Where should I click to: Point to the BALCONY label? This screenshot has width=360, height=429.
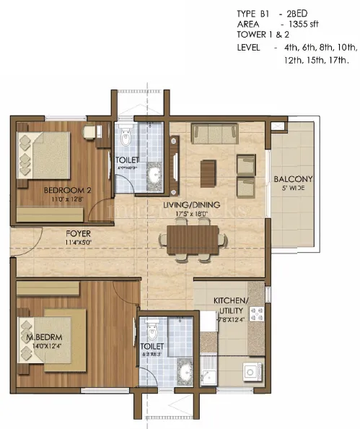292,179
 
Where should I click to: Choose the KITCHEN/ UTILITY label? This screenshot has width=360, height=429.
230,304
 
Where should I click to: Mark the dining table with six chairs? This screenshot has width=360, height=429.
190,240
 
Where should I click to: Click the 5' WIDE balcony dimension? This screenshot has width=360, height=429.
292,189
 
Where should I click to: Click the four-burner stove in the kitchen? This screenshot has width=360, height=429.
255,315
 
